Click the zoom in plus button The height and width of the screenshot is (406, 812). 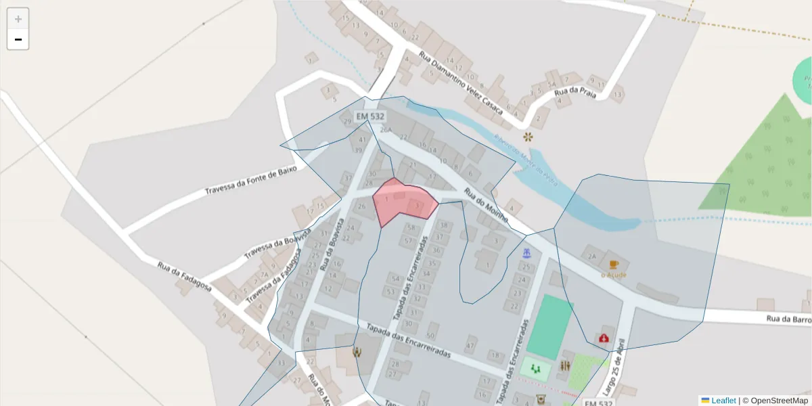[x=18, y=19]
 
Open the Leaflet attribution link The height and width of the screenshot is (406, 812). [x=723, y=401]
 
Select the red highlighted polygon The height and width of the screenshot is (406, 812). [x=403, y=202]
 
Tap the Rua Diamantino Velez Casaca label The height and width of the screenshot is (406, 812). [x=461, y=82]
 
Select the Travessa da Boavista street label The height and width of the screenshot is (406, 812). [x=277, y=244]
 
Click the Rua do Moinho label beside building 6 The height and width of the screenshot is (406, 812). [x=486, y=206]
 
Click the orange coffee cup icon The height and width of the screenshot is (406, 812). [x=614, y=265]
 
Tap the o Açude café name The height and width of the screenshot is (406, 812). [x=614, y=275]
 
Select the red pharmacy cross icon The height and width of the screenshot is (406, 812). [x=604, y=338]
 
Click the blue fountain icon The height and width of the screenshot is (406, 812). [x=527, y=253]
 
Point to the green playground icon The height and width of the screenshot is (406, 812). [x=536, y=369]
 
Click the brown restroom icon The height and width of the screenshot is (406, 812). [x=565, y=366]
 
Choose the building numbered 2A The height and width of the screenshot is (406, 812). [x=592, y=256]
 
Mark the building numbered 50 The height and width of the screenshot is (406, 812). [x=430, y=335]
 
